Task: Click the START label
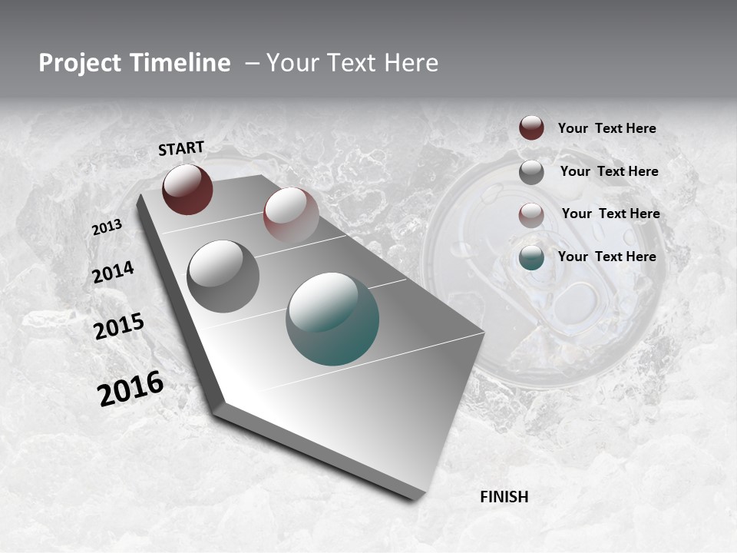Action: click(181, 148)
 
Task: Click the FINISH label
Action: click(504, 497)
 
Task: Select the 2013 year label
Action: click(107, 227)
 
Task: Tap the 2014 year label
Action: click(113, 273)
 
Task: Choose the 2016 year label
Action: click(131, 388)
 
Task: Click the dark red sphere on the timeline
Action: click(187, 189)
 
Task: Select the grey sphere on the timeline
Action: click(223, 276)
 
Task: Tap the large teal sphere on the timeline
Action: click(332, 319)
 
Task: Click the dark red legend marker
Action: click(531, 128)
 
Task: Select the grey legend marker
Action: click(531, 172)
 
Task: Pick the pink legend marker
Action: click(531, 214)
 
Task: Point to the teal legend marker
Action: click(531, 257)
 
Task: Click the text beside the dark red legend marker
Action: click(606, 129)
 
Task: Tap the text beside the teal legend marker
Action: click(606, 257)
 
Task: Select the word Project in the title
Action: click(78, 63)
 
